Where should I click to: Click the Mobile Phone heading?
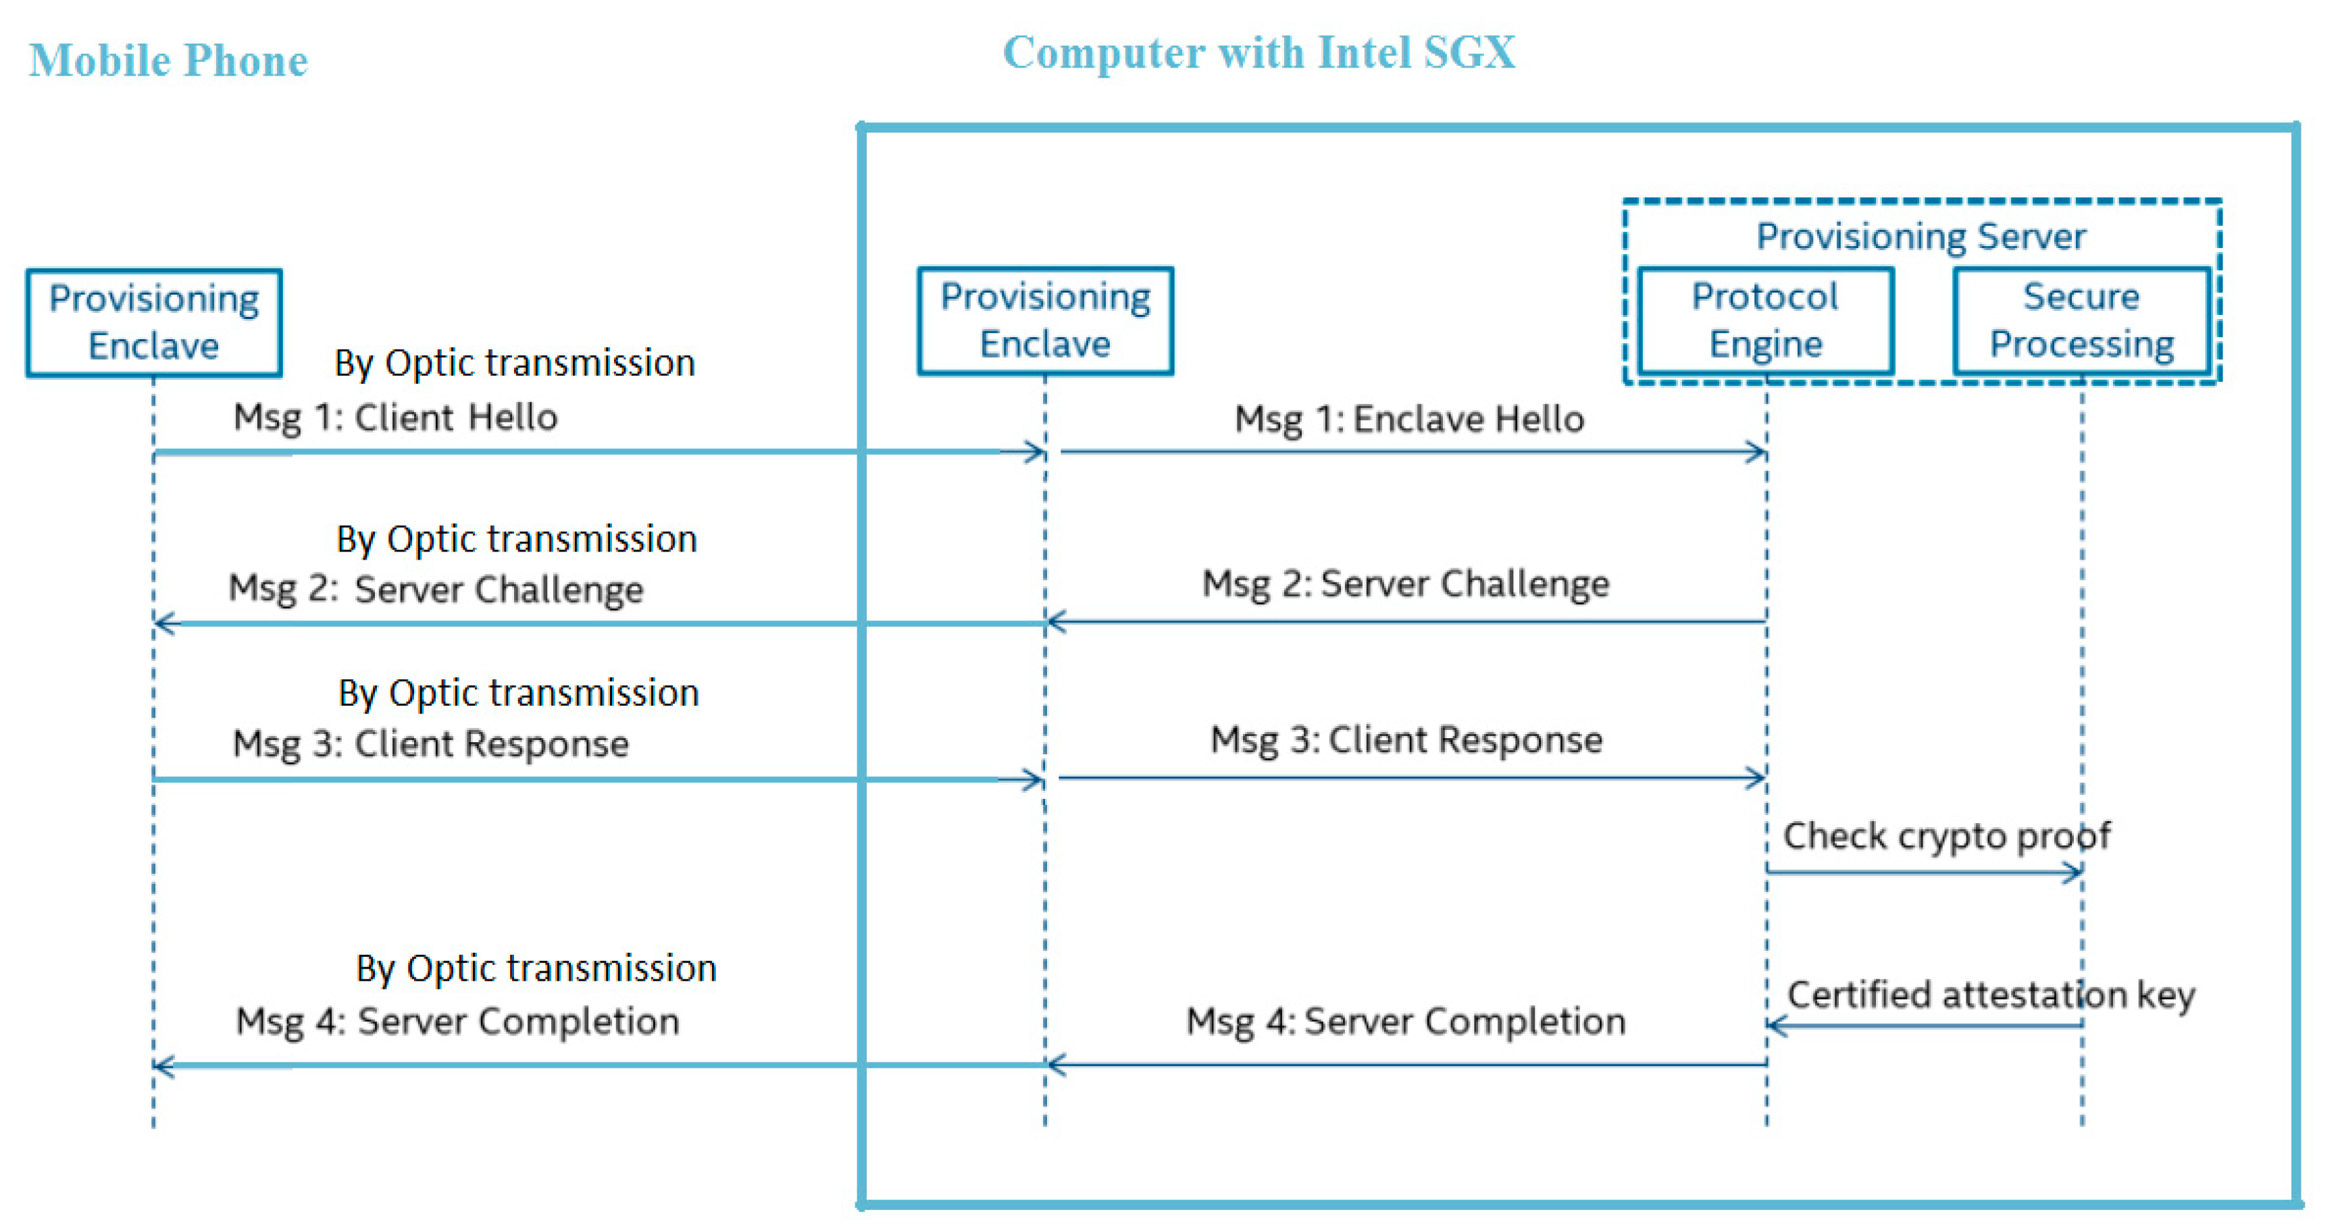pyautogui.click(x=168, y=61)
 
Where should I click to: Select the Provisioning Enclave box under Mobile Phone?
pyautogui.click(x=153, y=322)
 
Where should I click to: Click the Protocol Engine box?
pyautogui.click(x=1765, y=320)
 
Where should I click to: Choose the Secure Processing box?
pyautogui.click(x=2081, y=320)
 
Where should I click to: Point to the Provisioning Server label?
pyautogui.click(x=1921, y=237)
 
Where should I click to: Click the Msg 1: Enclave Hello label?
pyautogui.click(x=1409, y=419)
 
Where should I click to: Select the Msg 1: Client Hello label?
pyautogui.click(x=395, y=417)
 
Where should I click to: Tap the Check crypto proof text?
pyautogui.click(x=1945, y=835)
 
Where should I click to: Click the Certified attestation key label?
pyautogui.click(x=1990, y=994)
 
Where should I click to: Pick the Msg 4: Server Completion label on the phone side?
pyautogui.click(x=457, y=1021)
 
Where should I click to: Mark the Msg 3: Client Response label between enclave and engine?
pyautogui.click(x=1406, y=739)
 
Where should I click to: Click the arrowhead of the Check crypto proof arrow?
pyautogui.click(x=2075, y=873)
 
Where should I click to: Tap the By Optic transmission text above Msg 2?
pyautogui.click(x=516, y=539)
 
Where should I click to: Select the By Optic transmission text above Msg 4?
pyautogui.click(x=536, y=968)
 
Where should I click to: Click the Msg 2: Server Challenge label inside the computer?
pyautogui.click(x=1405, y=583)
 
